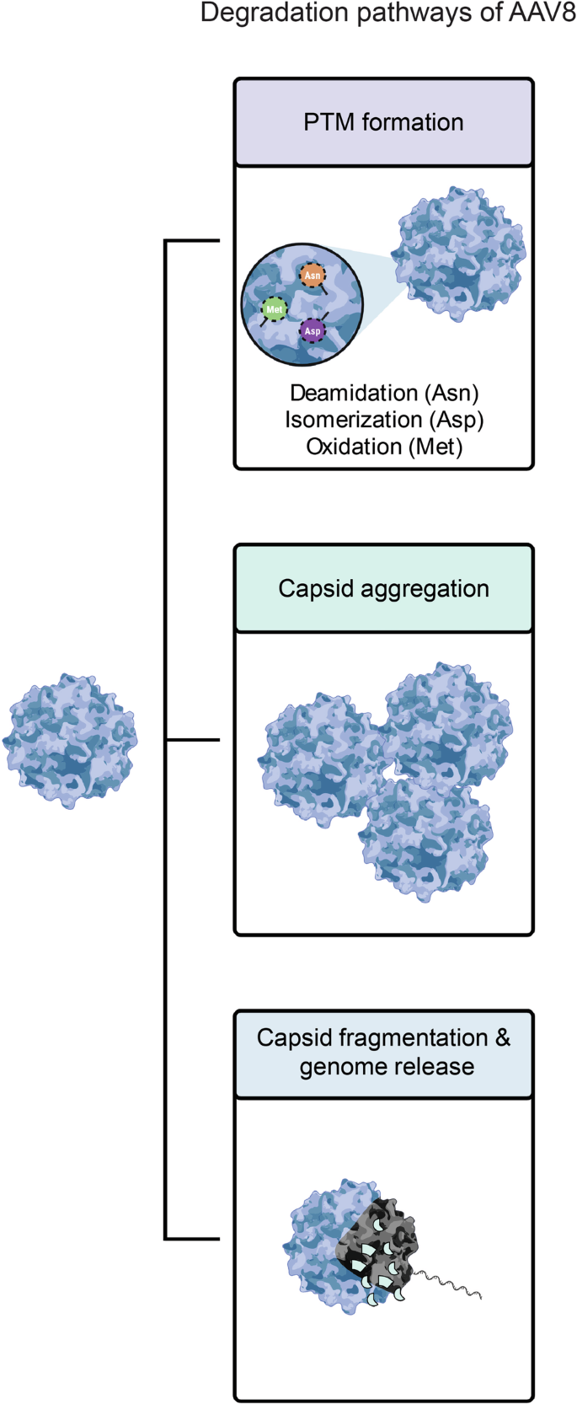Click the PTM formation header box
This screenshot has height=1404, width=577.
[x=383, y=123]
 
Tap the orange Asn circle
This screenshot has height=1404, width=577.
[x=313, y=276]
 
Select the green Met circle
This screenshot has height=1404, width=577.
[x=274, y=309]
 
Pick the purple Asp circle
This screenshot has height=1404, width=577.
[x=313, y=331]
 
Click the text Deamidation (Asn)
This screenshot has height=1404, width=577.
[x=384, y=393]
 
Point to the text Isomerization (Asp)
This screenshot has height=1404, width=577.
[x=384, y=420]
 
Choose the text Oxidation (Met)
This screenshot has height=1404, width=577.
[x=384, y=446]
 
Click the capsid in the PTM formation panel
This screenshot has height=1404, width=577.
[x=460, y=253]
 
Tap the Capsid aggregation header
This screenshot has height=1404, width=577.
[x=383, y=588]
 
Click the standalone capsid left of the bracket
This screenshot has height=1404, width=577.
[x=70, y=741]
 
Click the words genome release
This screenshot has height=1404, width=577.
[x=387, y=1067]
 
